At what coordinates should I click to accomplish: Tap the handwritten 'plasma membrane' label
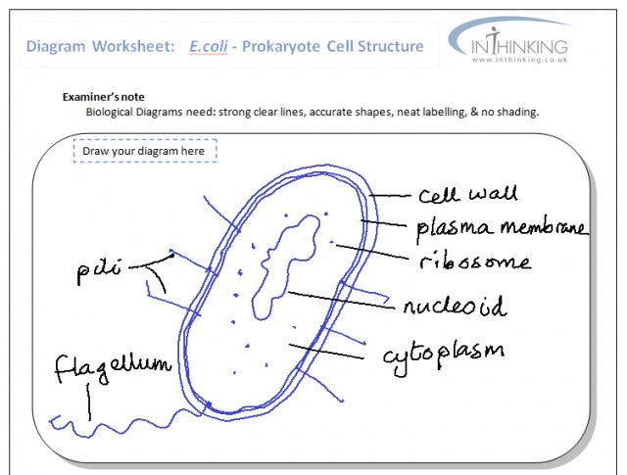coord(501,228)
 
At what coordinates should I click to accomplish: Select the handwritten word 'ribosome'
coord(474,262)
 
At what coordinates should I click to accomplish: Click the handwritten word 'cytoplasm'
coord(443,350)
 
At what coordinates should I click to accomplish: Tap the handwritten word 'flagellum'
coord(111,369)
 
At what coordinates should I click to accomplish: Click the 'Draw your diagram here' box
coord(144,152)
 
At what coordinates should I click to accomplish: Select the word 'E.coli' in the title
coord(213,46)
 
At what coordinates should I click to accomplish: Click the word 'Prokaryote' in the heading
coord(293,46)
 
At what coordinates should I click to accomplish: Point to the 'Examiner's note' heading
coord(103,98)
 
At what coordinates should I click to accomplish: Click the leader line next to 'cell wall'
coord(391,195)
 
